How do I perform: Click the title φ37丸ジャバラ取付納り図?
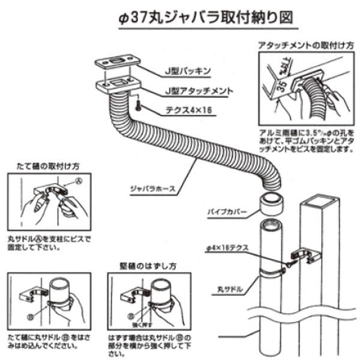point(207,16)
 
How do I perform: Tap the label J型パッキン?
point(184,71)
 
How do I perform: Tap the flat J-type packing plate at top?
point(117,63)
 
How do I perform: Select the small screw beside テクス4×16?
point(138,105)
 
